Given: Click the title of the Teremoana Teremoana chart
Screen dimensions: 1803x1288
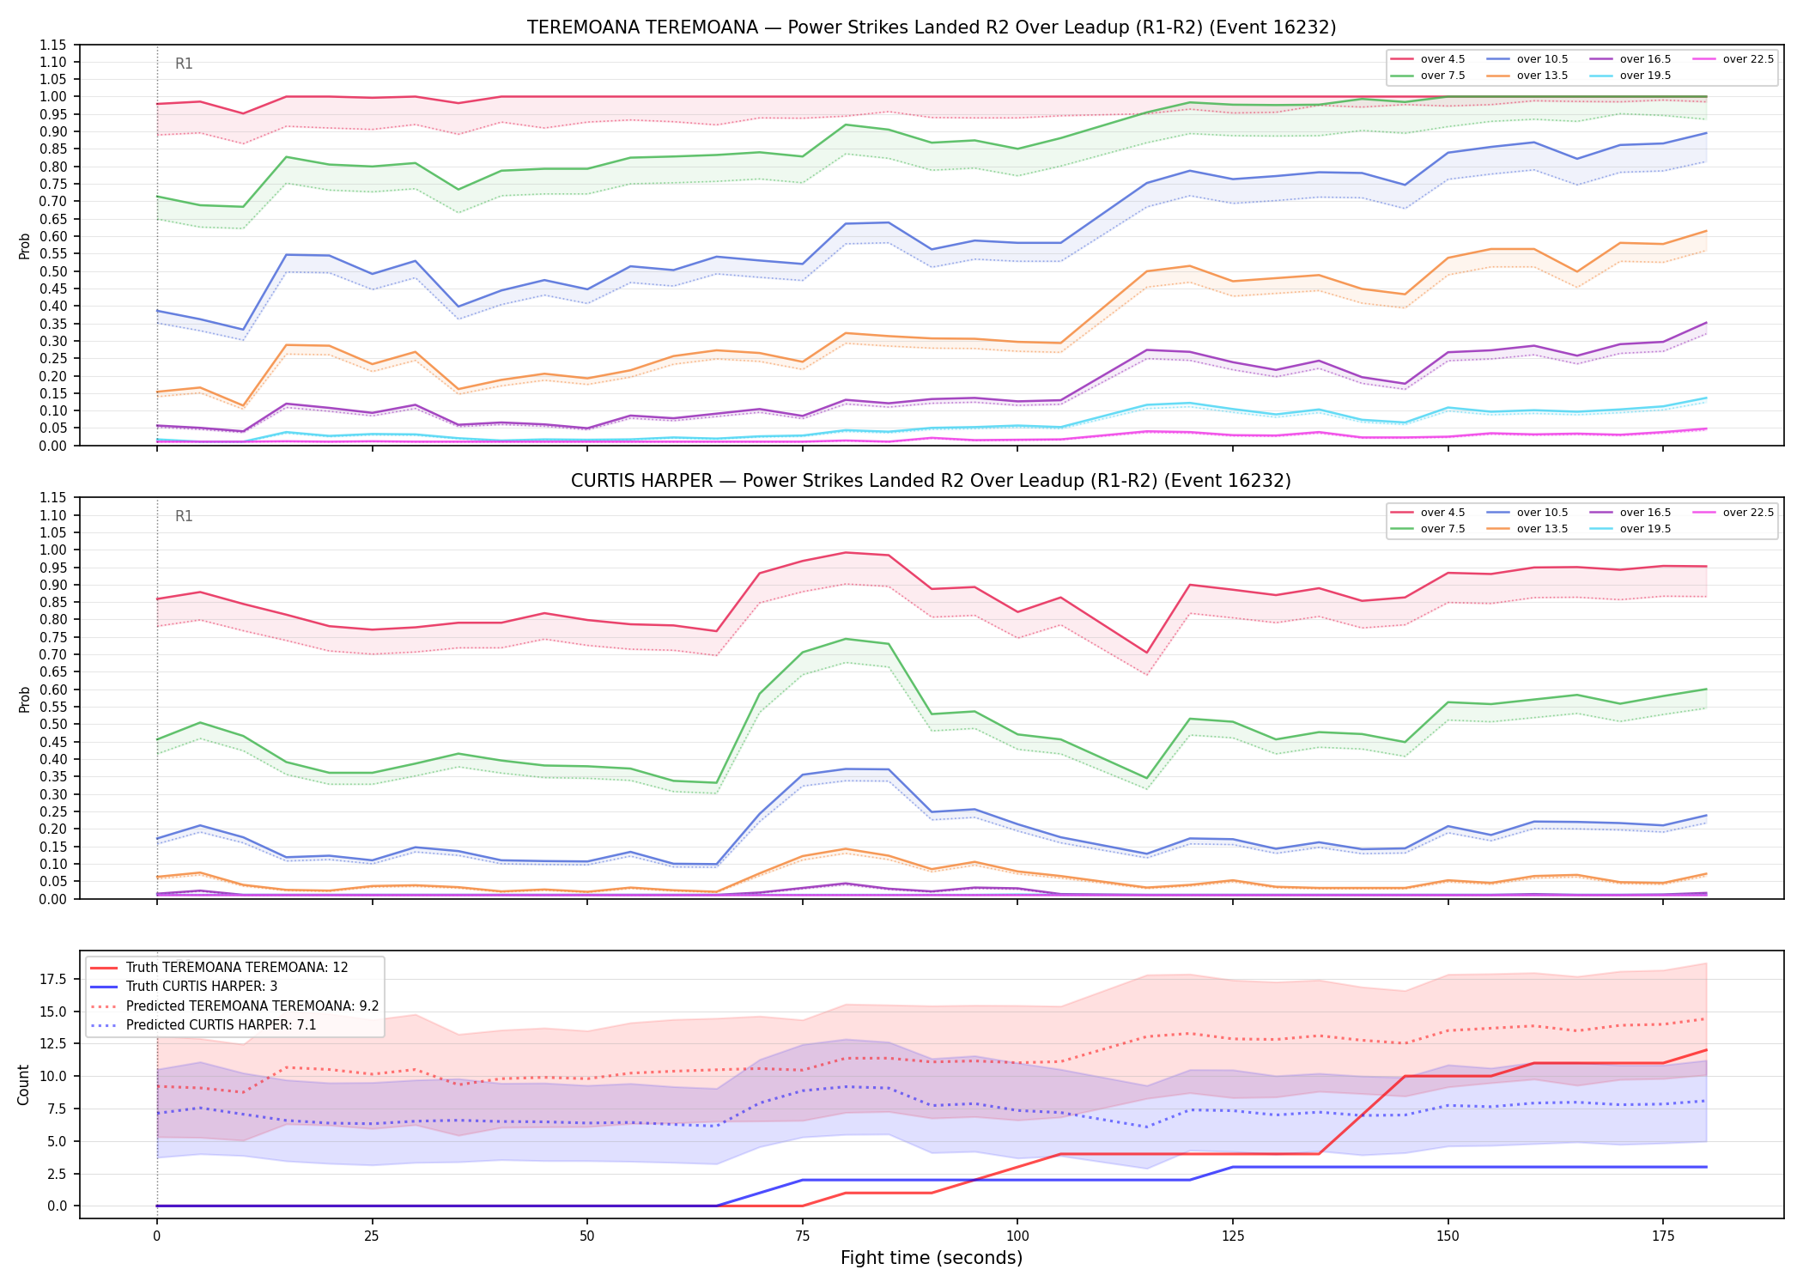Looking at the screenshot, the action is point(932,27).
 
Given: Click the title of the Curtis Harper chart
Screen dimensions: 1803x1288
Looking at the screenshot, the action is point(932,481).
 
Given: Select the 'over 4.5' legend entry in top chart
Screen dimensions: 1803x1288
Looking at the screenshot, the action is point(1428,59).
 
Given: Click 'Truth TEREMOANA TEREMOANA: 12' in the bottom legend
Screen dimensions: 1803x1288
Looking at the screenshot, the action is point(220,967).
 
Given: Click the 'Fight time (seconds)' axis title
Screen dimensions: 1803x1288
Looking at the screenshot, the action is point(932,1258).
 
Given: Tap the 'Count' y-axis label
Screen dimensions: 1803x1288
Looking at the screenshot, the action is point(23,1084).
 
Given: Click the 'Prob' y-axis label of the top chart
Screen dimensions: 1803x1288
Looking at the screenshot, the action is point(24,246).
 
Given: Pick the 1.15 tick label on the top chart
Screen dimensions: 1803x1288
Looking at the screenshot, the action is point(53,45).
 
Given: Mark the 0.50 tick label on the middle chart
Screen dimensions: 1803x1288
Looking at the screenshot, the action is point(53,724).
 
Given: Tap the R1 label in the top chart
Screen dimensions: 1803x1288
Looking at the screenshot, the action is point(184,64).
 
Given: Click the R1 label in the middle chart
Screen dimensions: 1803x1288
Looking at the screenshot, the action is point(184,516).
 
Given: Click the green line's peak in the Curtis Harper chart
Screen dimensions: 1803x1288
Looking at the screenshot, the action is point(846,639).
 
